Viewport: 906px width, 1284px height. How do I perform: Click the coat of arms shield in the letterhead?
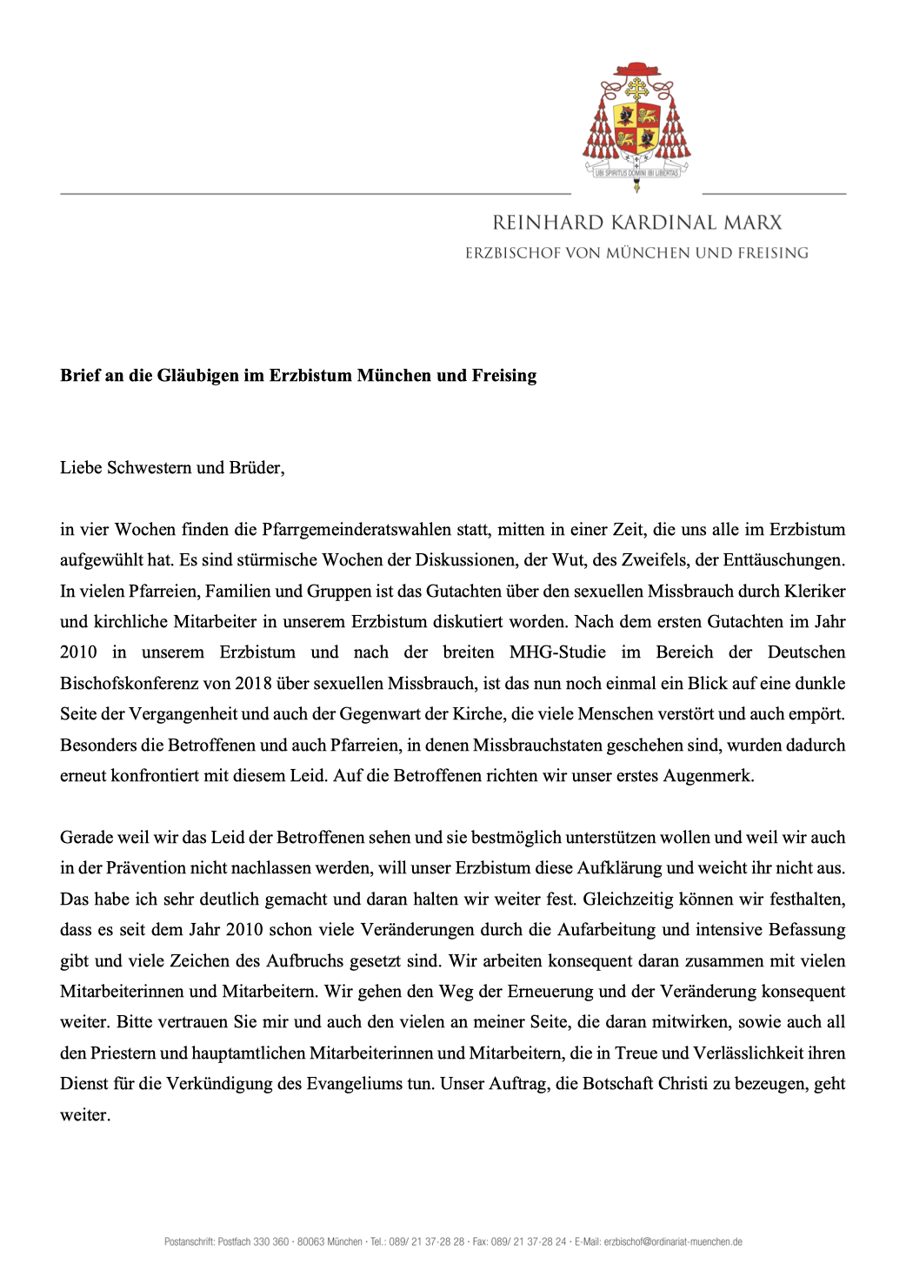tap(637, 127)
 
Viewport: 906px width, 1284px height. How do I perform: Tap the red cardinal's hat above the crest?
tap(637, 70)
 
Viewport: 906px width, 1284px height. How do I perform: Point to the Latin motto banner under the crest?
tap(637, 173)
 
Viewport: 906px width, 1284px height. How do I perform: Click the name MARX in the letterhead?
tap(751, 223)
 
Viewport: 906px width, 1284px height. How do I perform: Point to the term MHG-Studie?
tap(557, 652)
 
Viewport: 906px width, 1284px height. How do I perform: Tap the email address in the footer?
tap(673, 1242)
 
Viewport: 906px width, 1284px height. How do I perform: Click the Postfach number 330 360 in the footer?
tap(270, 1242)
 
